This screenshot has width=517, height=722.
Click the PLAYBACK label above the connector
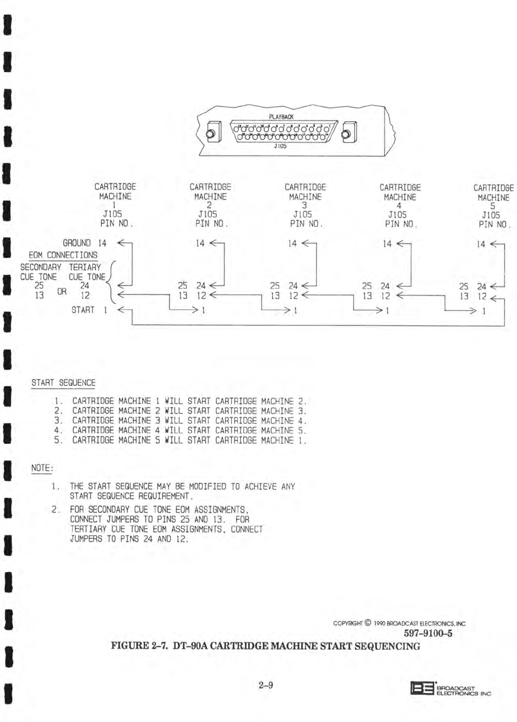[x=281, y=117]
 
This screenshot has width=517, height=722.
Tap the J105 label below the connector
[x=280, y=146]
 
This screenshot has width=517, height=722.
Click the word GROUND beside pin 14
[x=77, y=243]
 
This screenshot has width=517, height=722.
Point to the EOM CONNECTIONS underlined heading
[x=63, y=255]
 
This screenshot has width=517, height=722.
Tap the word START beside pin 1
[x=83, y=310]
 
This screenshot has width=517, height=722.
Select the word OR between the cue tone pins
[x=62, y=291]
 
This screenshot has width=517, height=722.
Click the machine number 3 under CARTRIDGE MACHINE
[x=305, y=206]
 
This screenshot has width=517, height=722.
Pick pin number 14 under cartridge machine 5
[x=481, y=244]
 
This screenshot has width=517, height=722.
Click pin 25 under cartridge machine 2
[x=182, y=285]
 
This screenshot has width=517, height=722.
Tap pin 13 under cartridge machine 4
[x=367, y=296]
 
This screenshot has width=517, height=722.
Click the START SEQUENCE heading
[x=63, y=383]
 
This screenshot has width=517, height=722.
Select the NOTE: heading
[x=42, y=468]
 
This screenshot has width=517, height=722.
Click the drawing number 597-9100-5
[x=428, y=633]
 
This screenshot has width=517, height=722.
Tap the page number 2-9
[x=265, y=685]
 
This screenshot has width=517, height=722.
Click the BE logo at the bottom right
[x=422, y=688]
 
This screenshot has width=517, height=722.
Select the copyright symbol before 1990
[x=368, y=623]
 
